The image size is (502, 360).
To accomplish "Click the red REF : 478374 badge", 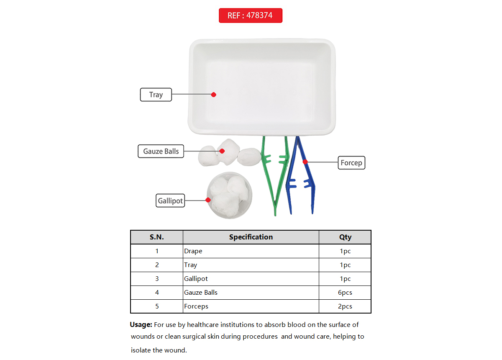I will tap(250, 15).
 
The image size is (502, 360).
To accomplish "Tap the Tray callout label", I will tap(156, 95).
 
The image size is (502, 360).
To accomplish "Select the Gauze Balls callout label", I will tap(161, 151).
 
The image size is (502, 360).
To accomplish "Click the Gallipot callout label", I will tap(170, 201).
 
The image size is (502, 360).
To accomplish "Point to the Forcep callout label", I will tap(351, 162).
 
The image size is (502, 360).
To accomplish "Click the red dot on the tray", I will tap(213, 95).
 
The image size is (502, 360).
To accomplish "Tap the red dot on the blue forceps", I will tap(305, 162).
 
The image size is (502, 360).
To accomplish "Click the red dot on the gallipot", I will tap(208, 200).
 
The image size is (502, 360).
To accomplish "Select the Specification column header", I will tap(251, 237).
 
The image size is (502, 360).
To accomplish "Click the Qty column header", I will tap(345, 237).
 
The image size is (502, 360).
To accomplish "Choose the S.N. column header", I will tap(157, 237).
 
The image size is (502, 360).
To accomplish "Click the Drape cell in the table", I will tap(193, 251).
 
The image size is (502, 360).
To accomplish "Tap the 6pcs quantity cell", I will tap(345, 293).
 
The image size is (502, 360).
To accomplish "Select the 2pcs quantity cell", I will tap(345, 306).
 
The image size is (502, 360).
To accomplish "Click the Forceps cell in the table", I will tap(196, 306).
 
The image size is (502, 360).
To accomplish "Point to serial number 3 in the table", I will tap(157, 279).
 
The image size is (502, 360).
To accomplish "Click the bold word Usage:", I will tap(141, 324).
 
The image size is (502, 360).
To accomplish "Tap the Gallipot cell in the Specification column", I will tap(196, 279).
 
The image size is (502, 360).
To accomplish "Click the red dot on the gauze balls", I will tap(222, 151).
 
